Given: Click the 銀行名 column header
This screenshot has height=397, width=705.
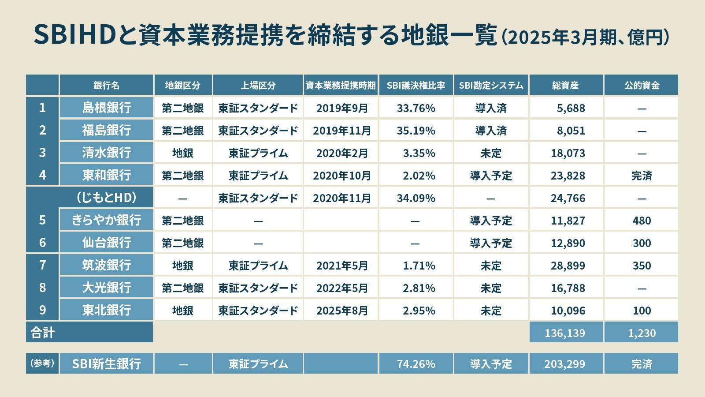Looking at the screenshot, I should click(x=106, y=85).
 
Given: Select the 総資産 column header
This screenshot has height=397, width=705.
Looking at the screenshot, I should click(x=565, y=85).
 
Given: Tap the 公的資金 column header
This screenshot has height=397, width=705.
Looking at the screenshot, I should click(x=642, y=85).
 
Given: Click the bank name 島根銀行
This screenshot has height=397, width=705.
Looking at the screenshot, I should click(x=106, y=108).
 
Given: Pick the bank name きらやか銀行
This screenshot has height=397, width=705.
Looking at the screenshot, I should click(x=106, y=220).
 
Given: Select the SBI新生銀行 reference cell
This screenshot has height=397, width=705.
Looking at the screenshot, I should click(x=106, y=364).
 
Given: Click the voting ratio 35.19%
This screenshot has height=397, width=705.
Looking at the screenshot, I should click(x=416, y=131).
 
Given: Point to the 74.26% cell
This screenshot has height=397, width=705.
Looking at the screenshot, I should click(x=416, y=364).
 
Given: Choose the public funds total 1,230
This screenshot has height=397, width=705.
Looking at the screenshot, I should click(x=642, y=333).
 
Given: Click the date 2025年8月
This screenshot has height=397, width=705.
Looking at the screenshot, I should click(x=341, y=311).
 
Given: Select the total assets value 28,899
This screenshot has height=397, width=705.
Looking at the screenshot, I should click(x=568, y=266).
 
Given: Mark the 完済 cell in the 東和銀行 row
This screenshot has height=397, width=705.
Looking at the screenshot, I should click(x=642, y=176).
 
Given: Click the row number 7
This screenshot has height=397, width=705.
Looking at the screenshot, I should click(x=42, y=265).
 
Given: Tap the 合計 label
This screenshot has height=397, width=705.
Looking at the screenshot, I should click(x=43, y=333).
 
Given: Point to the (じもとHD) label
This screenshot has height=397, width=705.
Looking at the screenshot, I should click(x=106, y=198).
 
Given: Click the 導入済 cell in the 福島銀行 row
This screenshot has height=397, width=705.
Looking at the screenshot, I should click(x=491, y=131).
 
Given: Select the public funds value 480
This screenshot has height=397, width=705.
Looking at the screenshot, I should click(x=642, y=221).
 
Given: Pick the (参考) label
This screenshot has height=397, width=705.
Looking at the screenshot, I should click(x=42, y=363).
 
